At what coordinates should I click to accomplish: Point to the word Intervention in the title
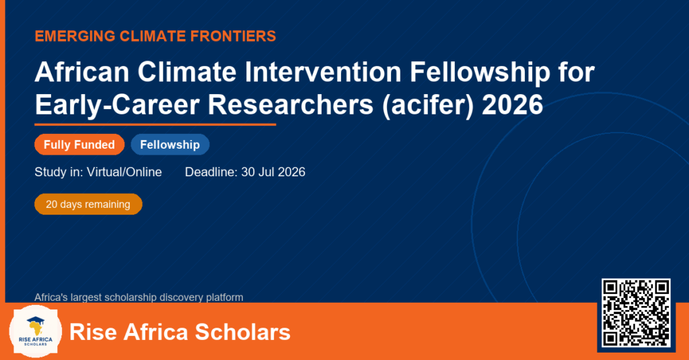323,71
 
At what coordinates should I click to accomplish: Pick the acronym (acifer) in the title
428,106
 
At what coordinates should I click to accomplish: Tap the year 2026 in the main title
512,105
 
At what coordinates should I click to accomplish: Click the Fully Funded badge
79,145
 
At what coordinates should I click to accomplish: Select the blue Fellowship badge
170,145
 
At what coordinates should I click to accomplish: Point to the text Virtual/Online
124,172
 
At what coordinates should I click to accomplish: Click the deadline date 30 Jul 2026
273,172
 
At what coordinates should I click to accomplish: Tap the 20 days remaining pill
88,205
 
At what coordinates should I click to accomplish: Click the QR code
636,312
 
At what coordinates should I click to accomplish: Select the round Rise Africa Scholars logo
36,331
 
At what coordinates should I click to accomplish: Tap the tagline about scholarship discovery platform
139,297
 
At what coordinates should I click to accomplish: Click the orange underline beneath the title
155,125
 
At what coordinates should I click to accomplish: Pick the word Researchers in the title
291,105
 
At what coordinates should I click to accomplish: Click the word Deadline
211,172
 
